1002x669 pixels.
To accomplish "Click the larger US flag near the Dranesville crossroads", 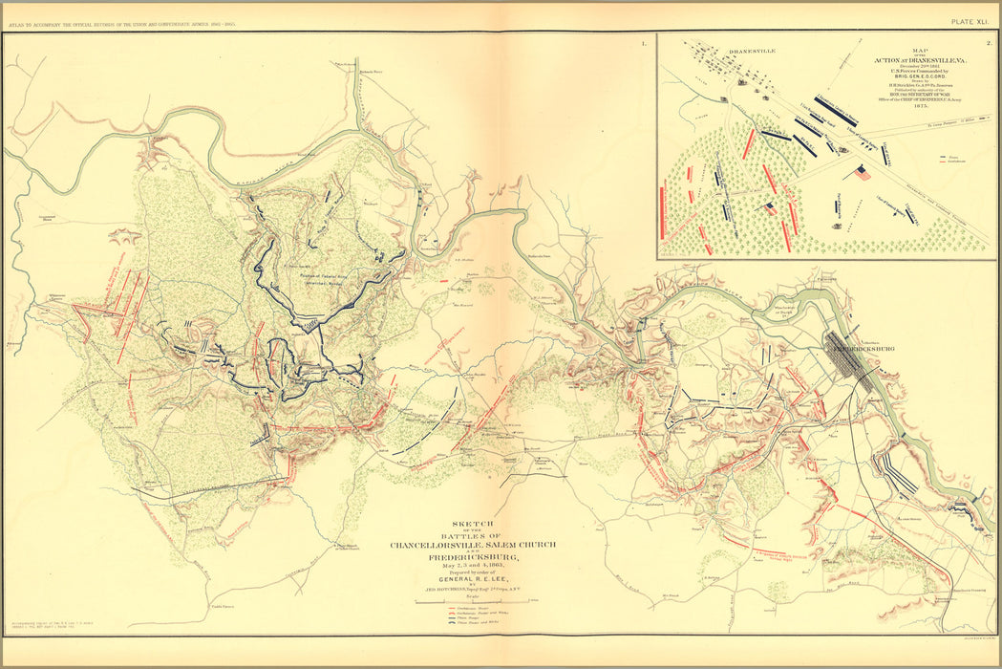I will click(x=863, y=173).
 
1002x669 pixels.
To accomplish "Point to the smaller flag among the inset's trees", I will click(x=770, y=206).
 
